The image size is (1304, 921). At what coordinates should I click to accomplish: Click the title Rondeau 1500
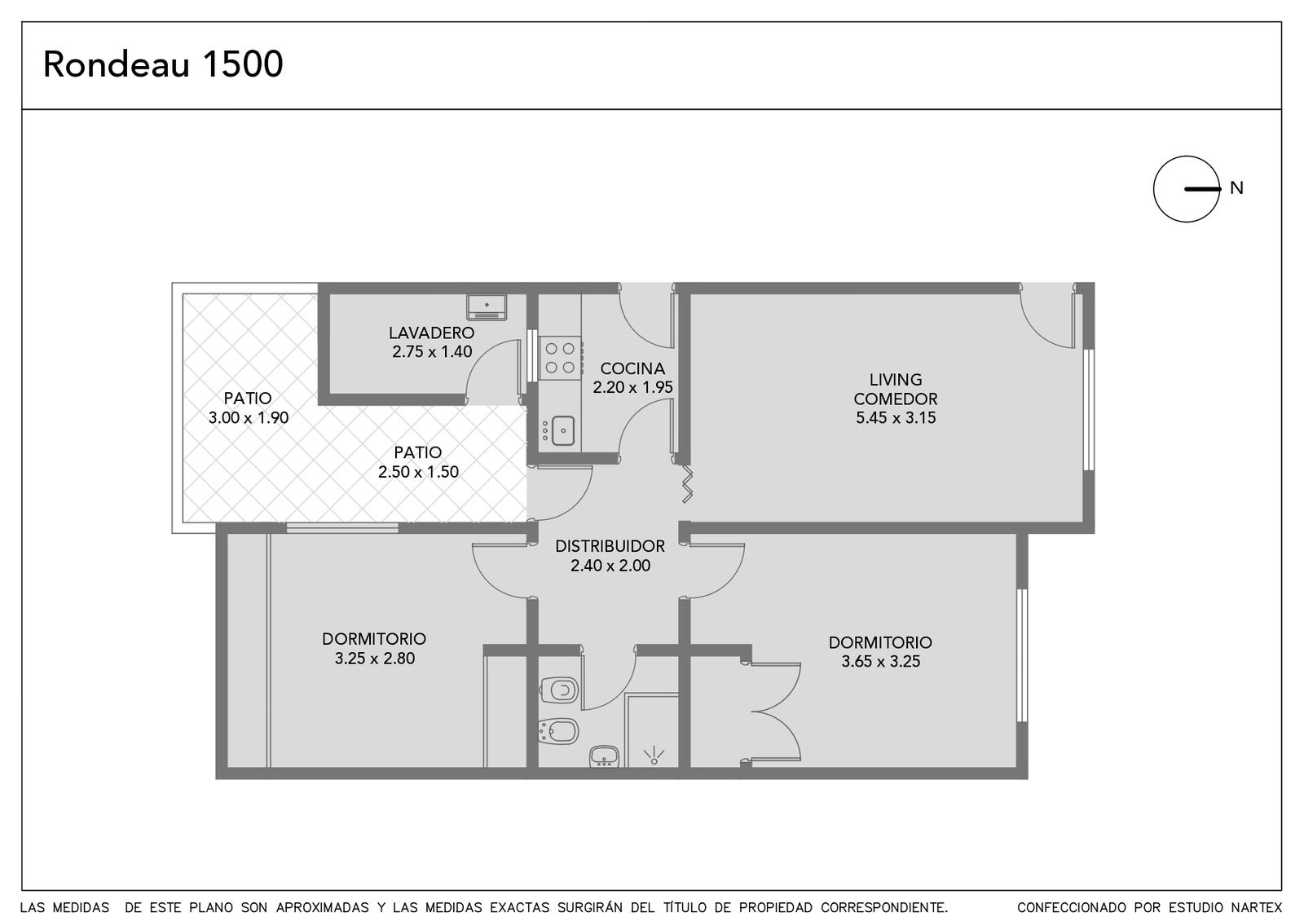(163, 64)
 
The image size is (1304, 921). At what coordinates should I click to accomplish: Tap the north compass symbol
(1187, 189)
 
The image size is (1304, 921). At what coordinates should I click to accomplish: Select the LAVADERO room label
(431, 333)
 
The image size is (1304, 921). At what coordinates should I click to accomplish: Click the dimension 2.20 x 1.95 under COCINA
(632, 387)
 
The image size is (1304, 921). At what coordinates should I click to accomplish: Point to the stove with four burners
(560, 358)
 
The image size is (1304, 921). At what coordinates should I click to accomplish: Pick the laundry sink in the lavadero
(487, 306)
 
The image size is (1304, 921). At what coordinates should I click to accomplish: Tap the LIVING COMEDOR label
(896, 389)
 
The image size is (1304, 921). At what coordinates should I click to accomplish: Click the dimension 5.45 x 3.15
(896, 417)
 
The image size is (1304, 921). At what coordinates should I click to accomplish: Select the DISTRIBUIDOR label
(610, 546)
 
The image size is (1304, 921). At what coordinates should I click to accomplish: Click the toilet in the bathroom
(559, 690)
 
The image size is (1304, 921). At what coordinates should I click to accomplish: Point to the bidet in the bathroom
(559, 731)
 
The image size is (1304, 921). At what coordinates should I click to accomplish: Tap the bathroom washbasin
(604, 756)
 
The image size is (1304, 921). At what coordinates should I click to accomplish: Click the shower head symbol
(654, 756)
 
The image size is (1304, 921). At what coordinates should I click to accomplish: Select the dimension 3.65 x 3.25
(881, 661)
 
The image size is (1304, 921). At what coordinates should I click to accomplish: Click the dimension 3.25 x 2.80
(374, 659)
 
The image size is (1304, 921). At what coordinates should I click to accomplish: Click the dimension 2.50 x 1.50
(418, 472)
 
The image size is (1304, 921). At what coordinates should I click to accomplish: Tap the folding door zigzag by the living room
(687, 483)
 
